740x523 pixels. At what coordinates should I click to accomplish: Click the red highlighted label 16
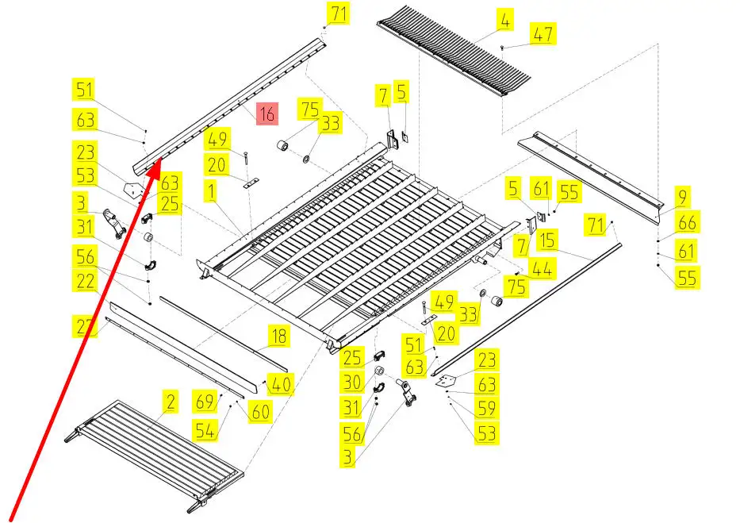(x=266, y=114)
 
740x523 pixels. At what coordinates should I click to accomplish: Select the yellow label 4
(x=505, y=21)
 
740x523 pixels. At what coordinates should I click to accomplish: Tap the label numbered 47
(x=543, y=34)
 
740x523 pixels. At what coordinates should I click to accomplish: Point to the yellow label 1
(x=212, y=190)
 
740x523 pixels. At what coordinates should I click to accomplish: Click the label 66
(x=687, y=223)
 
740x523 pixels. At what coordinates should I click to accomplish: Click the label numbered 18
(x=278, y=336)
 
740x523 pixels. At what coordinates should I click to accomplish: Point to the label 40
(x=280, y=385)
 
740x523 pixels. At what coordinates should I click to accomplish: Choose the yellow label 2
(x=170, y=402)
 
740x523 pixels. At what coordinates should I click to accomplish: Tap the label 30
(x=352, y=383)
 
